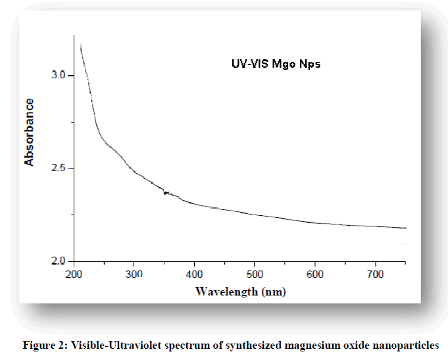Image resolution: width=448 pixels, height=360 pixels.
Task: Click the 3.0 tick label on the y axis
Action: [x=59, y=76]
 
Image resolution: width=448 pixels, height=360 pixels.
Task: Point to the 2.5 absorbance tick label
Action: [x=59, y=169]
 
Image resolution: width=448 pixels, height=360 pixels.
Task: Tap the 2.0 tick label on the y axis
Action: [x=59, y=262]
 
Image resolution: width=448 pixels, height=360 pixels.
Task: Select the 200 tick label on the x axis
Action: [x=74, y=274]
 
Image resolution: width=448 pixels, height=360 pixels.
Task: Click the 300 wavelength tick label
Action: [x=134, y=274]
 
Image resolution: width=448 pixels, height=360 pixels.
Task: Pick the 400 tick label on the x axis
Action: [x=195, y=274]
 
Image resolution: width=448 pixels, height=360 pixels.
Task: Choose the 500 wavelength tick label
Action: [x=255, y=274]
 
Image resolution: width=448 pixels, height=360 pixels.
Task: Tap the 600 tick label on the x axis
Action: [x=315, y=274]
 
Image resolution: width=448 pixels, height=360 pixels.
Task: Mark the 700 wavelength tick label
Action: [x=375, y=274]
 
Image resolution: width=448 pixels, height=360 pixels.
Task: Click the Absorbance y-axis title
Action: [x=29, y=132]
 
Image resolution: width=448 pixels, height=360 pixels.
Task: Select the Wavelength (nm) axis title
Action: [x=241, y=291]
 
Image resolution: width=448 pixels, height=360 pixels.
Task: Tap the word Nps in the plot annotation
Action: [x=307, y=64]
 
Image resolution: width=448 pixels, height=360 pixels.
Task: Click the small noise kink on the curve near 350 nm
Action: [x=166, y=193]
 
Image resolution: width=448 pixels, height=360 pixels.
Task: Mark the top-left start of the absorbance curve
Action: [x=80, y=45]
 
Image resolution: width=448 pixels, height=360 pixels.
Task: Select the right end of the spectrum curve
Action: [x=405, y=228]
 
